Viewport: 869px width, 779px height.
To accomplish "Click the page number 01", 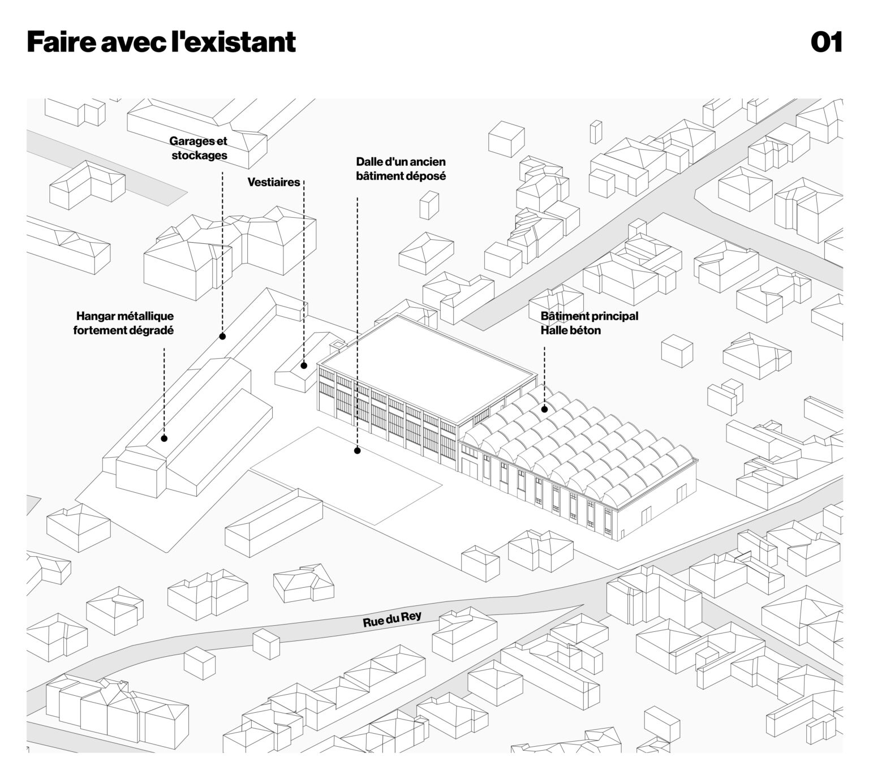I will pos(827,42).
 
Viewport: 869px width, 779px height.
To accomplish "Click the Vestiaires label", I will pos(274,182).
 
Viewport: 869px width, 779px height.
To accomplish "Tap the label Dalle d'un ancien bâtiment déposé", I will pos(401,169).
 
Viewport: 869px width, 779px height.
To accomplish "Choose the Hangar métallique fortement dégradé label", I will pos(124,323).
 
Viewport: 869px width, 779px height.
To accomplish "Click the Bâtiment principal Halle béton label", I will pos(588,323).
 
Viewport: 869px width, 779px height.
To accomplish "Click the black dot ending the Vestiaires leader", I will pos(304,365).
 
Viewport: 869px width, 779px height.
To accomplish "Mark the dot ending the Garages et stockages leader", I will pos(222,336).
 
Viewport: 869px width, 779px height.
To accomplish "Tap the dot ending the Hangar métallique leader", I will pos(164,438).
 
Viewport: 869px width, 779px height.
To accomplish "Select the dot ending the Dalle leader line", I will pos(357,451).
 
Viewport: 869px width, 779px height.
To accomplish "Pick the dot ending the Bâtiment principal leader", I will pos(544,409).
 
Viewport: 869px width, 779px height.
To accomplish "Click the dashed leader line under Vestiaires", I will pos(304,272).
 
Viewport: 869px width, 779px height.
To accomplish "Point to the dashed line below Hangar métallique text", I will pos(164,390).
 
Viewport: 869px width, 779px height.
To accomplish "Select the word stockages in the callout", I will pos(199,155).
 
